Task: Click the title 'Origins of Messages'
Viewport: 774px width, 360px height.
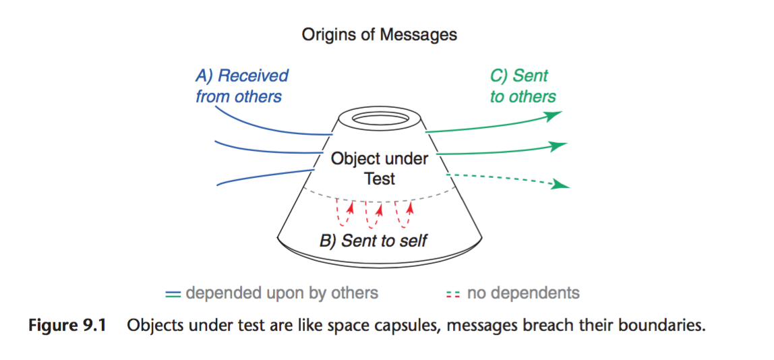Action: [379, 34]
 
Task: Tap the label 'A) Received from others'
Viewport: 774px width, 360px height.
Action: [241, 86]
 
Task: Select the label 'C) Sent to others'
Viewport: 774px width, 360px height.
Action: [523, 86]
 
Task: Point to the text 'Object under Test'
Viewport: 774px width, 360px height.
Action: [380, 169]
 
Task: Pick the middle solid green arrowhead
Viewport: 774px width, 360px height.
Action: [556, 146]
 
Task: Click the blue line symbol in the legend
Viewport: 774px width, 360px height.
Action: [173, 294]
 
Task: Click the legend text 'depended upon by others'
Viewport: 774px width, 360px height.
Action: [282, 293]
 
